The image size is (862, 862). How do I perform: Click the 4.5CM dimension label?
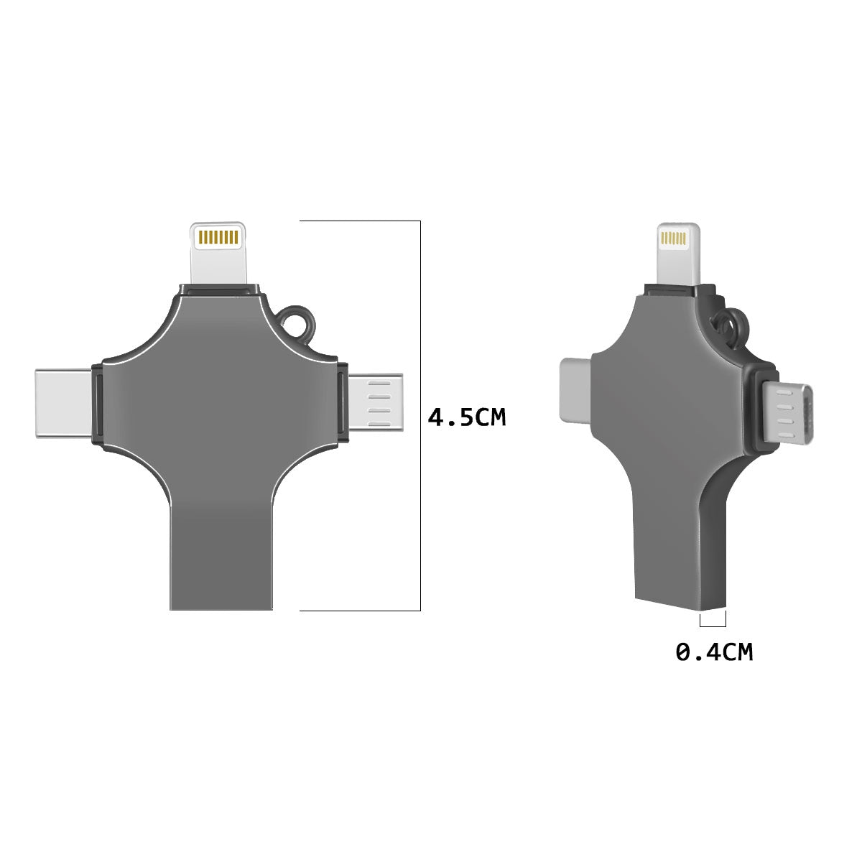click(x=467, y=417)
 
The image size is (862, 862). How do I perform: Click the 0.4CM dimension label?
click(x=714, y=652)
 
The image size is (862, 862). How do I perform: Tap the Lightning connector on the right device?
click(x=677, y=254)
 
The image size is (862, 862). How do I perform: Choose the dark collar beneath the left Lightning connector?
click(x=218, y=289)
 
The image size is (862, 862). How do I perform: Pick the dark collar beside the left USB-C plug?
click(x=98, y=404)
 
